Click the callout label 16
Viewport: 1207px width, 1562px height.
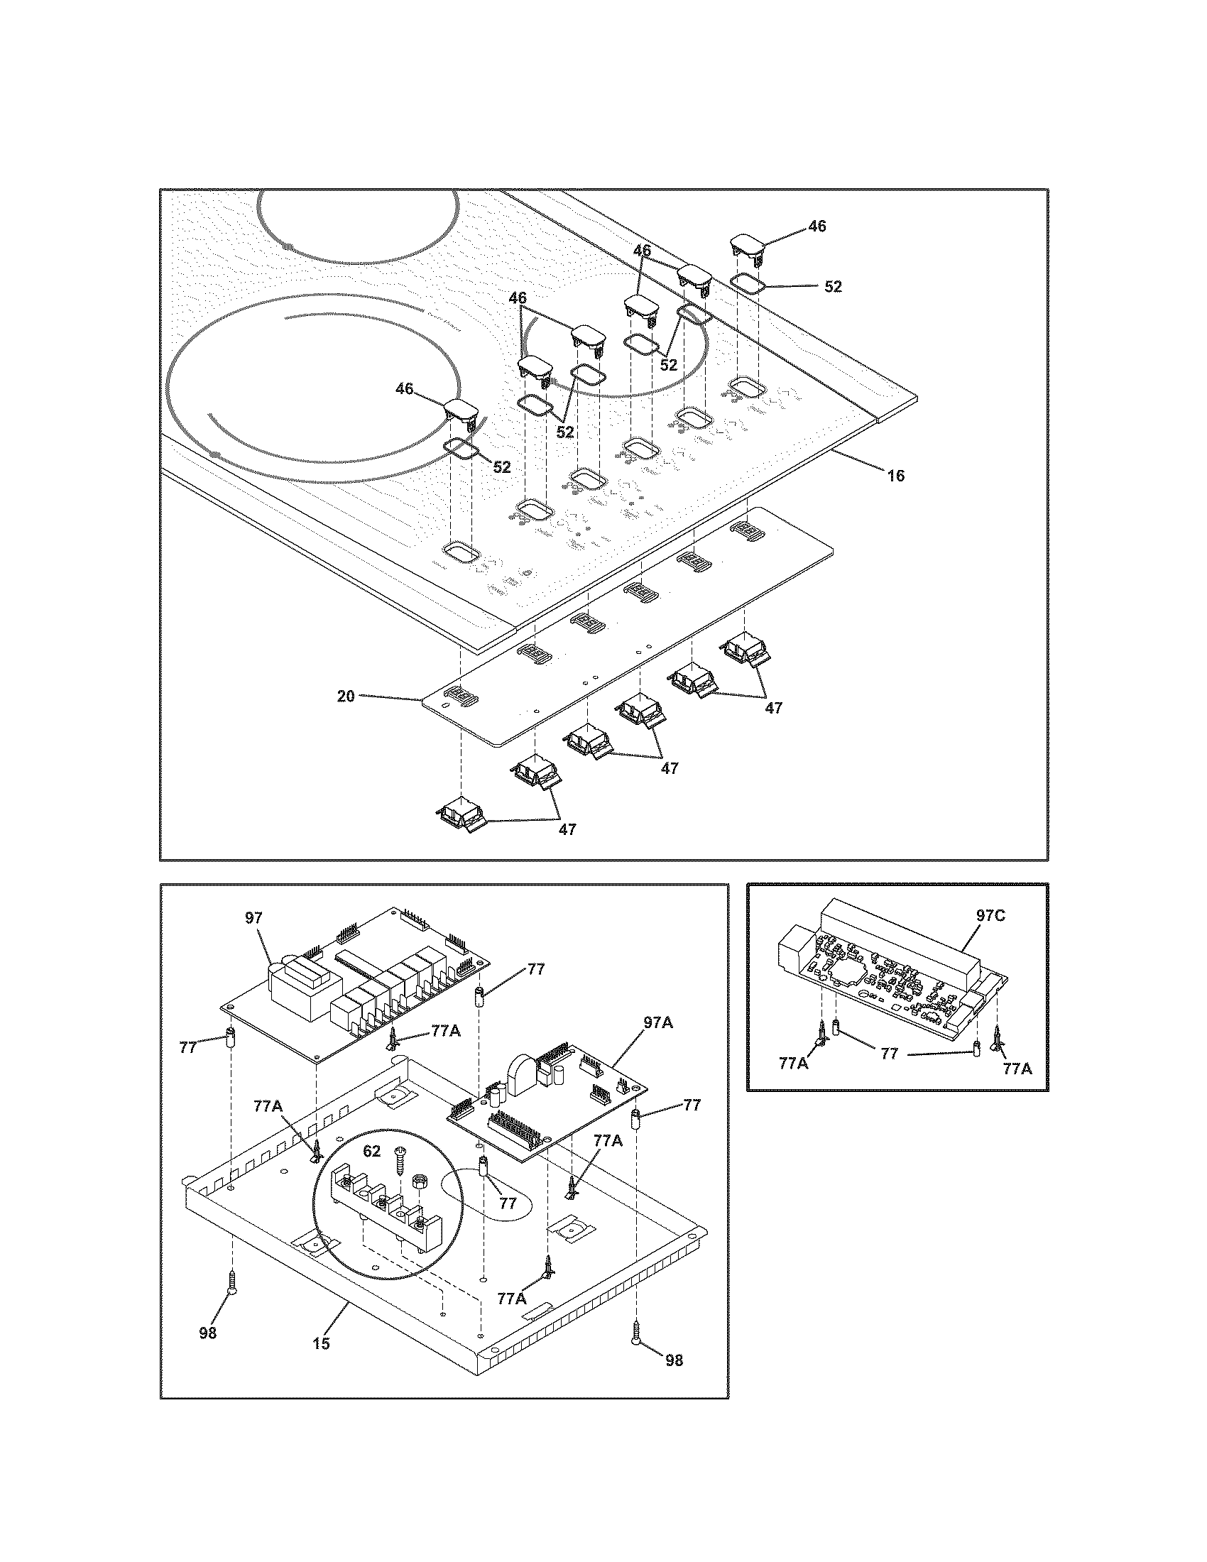(895, 476)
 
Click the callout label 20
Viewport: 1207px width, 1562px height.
(345, 696)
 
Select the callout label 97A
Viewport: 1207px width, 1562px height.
(658, 1043)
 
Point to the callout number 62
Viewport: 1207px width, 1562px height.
(372, 1152)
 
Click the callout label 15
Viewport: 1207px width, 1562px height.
(322, 1344)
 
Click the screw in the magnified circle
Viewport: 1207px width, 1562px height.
(399, 1157)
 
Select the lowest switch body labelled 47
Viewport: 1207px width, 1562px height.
(461, 814)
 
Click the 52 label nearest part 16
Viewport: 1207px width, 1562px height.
(833, 286)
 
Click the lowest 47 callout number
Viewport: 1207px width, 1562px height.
(567, 829)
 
